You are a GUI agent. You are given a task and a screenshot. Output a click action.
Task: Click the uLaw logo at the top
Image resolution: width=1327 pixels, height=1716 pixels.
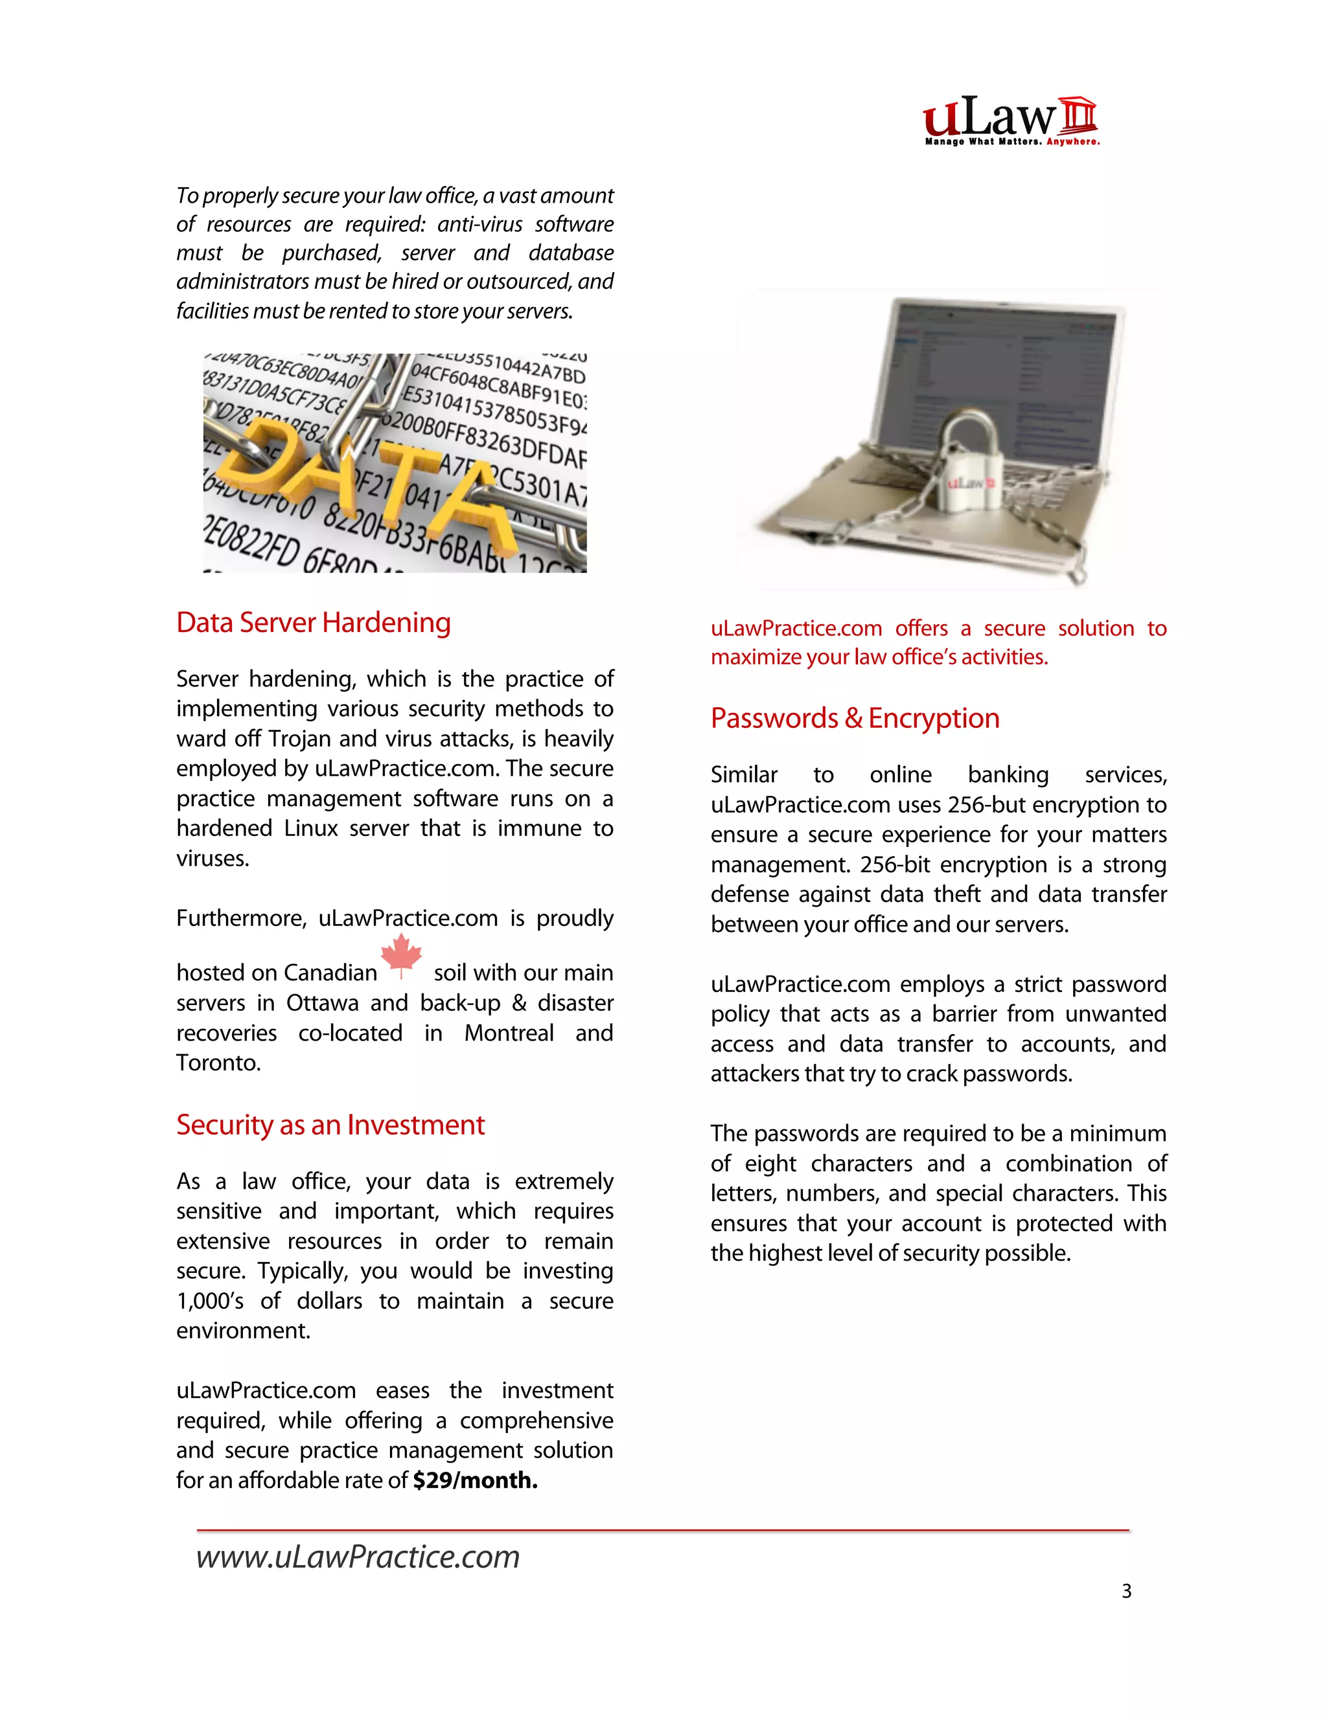click(1010, 118)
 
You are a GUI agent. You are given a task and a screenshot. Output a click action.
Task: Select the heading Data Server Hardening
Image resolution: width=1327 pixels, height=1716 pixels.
click(313, 622)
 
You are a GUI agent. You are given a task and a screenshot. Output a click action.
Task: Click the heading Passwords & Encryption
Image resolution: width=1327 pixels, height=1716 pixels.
click(855, 718)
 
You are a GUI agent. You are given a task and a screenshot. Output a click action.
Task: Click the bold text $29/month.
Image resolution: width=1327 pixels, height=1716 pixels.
click(475, 1480)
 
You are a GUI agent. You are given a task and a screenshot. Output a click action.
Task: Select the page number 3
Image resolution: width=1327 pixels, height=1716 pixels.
click(1125, 1591)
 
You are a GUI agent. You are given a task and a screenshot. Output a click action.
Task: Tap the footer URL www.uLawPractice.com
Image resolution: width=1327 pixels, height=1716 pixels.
click(358, 1557)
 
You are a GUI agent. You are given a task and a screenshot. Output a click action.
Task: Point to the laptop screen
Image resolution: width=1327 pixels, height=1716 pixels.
click(1006, 377)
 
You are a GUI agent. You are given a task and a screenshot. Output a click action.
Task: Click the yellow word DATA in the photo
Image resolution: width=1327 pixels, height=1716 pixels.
click(369, 479)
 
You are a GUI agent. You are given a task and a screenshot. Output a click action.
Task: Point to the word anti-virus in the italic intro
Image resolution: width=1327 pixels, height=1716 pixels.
click(479, 225)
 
